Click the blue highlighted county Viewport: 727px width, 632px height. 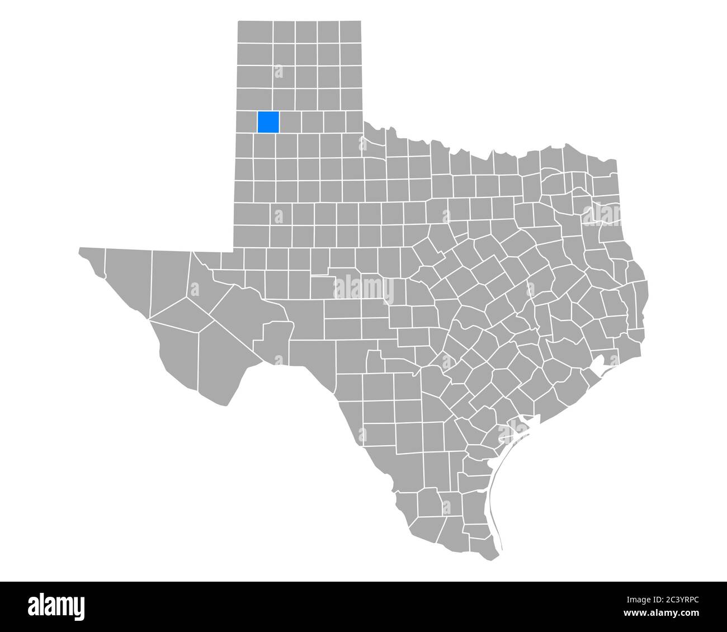(x=268, y=122)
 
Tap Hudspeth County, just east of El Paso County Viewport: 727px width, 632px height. (x=128, y=280)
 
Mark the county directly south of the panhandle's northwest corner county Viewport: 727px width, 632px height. (x=255, y=54)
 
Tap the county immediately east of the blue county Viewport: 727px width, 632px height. (x=290, y=122)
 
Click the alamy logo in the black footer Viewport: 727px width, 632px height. (x=56, y=606)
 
